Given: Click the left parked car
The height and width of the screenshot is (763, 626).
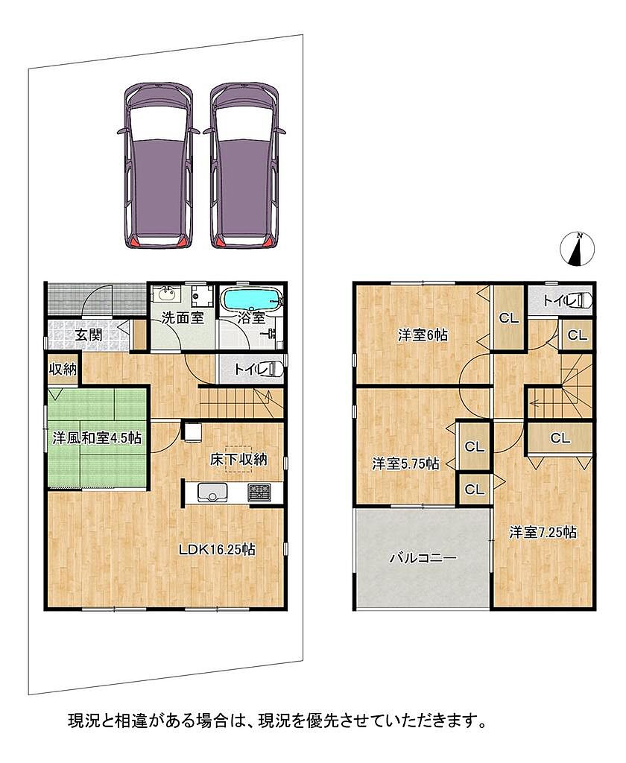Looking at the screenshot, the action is pyautogui.click(x=159, y=165).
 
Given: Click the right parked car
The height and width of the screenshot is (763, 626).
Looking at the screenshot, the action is pyautogui.click(x=244, y=165).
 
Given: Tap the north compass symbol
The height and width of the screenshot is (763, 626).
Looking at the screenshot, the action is pyautogui.click(x=578, y=250).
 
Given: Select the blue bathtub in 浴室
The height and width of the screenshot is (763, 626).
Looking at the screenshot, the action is pyautogui.click(x=251, y=297).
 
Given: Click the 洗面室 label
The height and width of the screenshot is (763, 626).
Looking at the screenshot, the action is pyautogui.click(x=182, y=318).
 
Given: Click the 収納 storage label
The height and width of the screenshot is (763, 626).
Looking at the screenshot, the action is pyautogui.click(x=63, y=370).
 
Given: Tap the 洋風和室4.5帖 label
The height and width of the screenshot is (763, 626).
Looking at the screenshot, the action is pyautogui.click(x=97, y=438).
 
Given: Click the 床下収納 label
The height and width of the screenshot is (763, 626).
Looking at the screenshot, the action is pyautogui.click(x=238, y=459).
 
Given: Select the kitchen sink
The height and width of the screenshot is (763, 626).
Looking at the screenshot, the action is pyautogui.click(x=212, y=493).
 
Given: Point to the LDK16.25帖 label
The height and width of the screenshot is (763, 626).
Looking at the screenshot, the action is pyautogui.click(x=217, y=550).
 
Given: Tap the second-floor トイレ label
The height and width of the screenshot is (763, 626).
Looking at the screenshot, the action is pyautogui.click(x=560, y=301).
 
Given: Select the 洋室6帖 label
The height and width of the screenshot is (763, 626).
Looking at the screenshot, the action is pyautogui.click(x=423, y=335).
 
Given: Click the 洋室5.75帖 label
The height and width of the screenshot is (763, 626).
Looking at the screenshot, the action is pyautogui.click(x=406, y=463).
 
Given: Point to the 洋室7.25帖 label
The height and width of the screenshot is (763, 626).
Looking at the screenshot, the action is pyautogui.click(x=543, y=532).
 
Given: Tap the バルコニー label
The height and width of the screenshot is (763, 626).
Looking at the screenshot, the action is pyautogui.click(x=423, y=557).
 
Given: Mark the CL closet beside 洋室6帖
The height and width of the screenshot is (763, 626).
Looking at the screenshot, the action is pyautogui.click(x=509, y=318).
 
